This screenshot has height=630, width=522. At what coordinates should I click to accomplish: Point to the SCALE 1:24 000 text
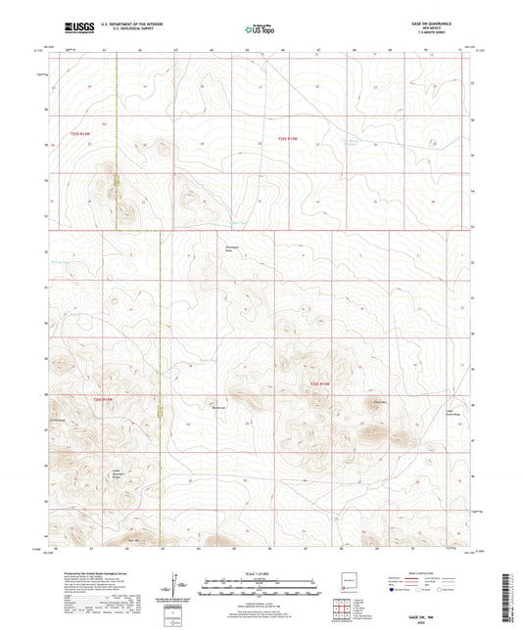pyautogui.click(x=261, y=572)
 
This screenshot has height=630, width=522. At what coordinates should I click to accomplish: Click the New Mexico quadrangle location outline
pyautogui.click(x=346, y=585)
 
